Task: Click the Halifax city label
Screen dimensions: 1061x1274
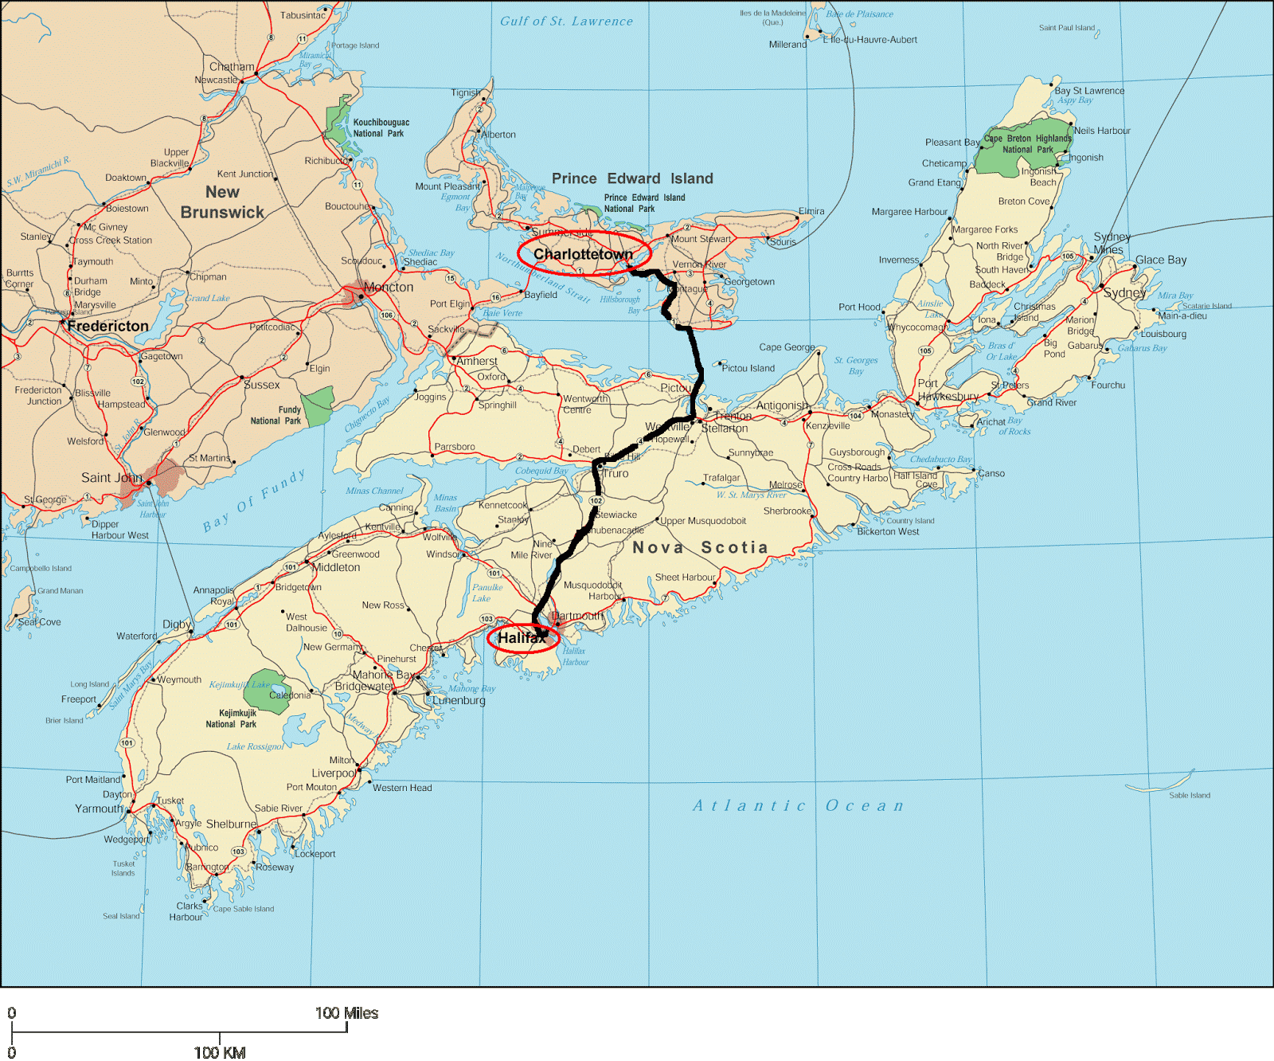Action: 522,638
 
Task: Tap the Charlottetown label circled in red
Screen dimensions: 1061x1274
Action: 583,254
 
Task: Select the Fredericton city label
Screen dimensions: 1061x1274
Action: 107,326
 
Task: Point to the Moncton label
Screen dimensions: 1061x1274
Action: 389,287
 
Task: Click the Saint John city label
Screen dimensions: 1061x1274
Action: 111,478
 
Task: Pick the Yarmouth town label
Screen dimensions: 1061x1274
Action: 100,808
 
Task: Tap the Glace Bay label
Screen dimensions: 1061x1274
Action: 1161,260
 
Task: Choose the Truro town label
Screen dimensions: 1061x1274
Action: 616,473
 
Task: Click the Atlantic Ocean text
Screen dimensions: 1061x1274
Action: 798,805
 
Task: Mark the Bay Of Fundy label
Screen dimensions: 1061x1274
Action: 254,501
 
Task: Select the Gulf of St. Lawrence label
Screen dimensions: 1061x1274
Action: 566,22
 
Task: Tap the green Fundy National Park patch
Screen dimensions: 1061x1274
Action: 318,405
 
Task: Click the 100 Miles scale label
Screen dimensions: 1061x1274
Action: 346,1013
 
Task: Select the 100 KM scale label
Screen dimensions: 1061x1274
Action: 220,1052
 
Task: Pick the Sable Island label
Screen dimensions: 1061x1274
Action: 1189,795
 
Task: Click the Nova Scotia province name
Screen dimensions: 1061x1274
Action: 700,547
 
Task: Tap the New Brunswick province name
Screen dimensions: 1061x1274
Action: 222,202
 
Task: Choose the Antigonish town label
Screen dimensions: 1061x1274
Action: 782,405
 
